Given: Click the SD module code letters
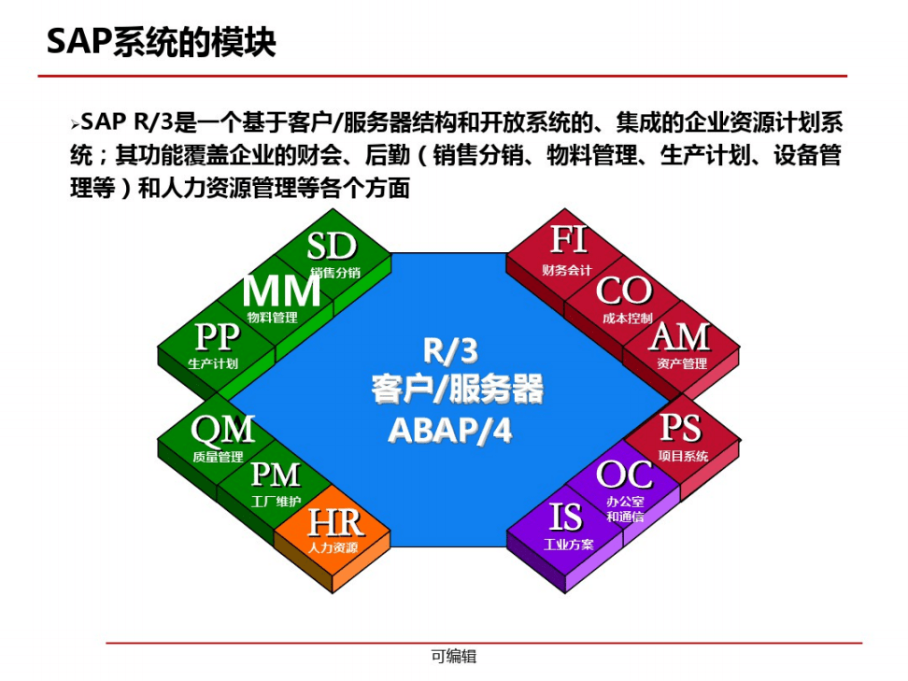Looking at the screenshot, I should click(332, 247).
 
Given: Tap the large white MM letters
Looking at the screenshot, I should click(281, 291).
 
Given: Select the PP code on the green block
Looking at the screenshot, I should click(217, 338).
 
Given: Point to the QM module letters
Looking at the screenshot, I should click(222, 430).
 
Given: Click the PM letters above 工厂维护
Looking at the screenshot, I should click(276, 475).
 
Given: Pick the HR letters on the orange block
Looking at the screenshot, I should click(333, 522).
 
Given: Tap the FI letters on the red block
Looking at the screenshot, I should click(568, 240).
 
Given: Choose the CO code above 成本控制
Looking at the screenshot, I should click(624, 291).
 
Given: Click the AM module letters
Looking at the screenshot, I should click(680, 337).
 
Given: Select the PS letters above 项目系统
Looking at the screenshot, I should click(680, 429).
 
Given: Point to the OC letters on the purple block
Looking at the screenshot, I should click(624, 475).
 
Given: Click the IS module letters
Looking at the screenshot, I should click(565, 517).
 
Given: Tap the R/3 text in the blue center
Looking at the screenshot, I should click(450, 350).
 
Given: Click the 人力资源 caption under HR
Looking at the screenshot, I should click(333, 547).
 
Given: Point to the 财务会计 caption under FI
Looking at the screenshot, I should click(567, 270).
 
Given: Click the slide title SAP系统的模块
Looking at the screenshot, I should click(161, 44).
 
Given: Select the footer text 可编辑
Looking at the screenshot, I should click(453, 657).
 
